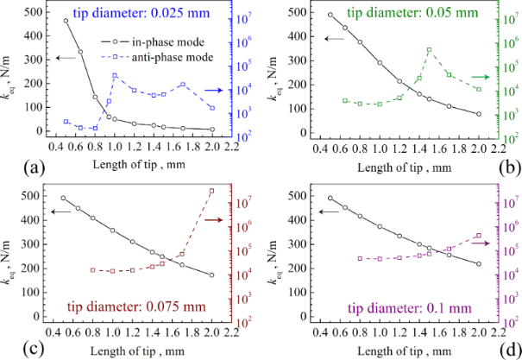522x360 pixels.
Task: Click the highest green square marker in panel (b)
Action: pos(429,50)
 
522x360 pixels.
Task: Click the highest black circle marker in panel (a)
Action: pos(66,21)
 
